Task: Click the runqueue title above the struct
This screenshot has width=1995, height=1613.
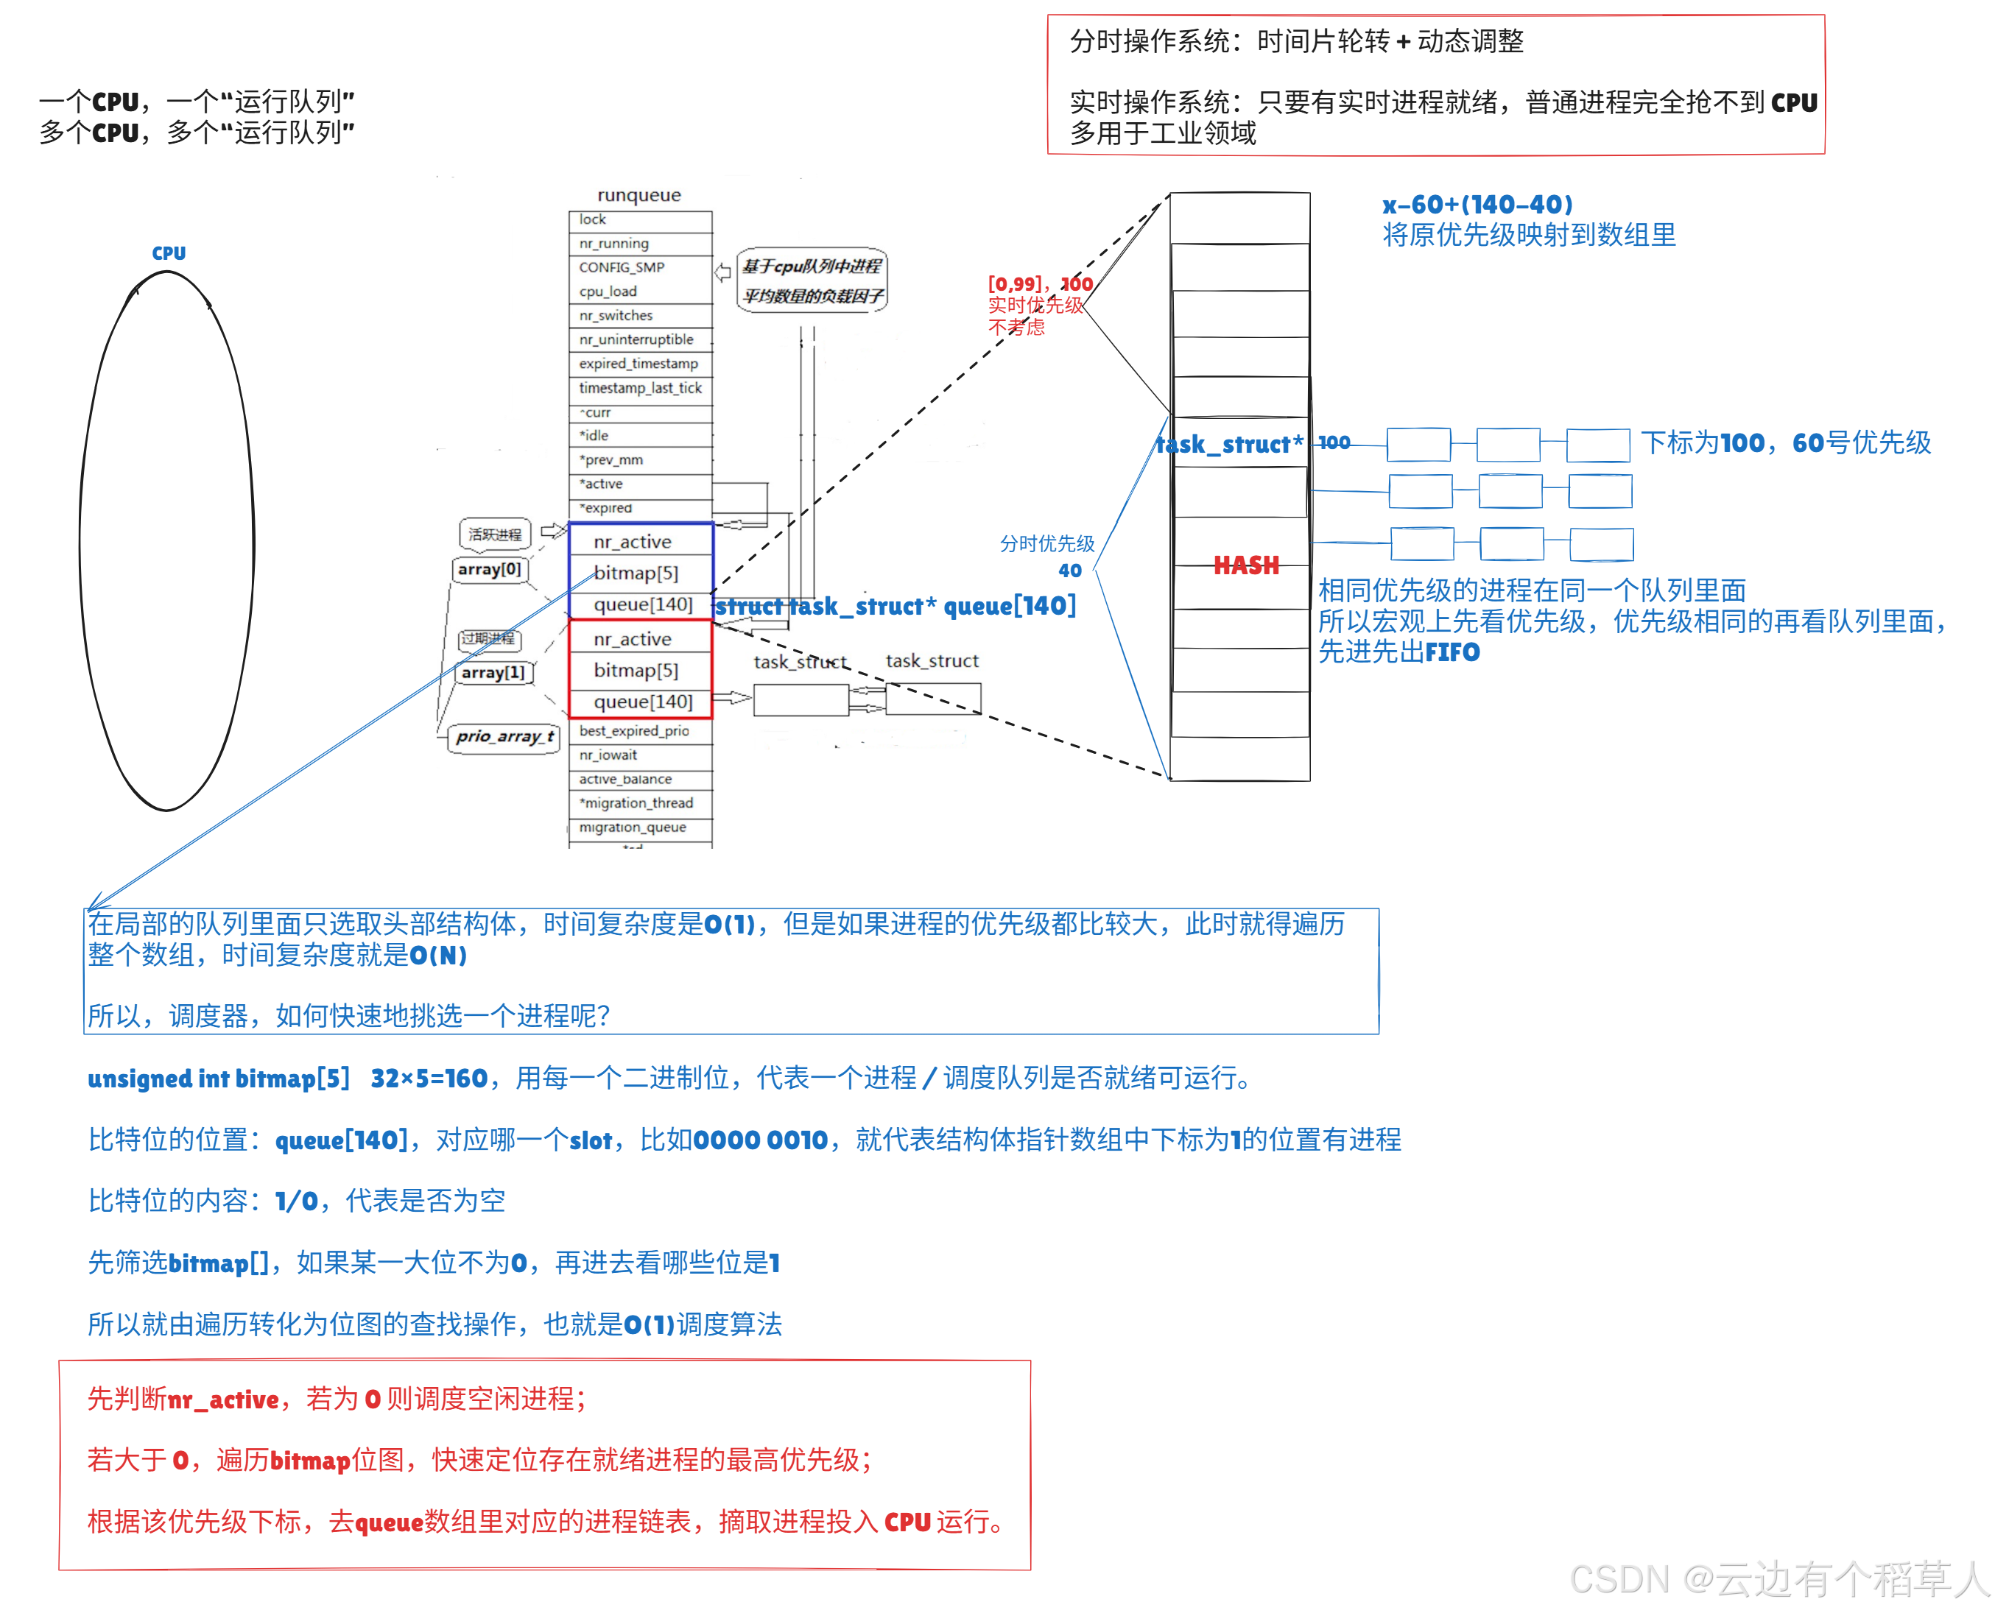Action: pos(638,195)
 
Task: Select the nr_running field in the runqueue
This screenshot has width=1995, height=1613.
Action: pos(614,244)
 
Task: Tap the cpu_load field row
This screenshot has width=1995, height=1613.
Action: pos(608,292)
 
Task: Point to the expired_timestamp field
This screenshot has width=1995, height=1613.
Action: pos(638,363)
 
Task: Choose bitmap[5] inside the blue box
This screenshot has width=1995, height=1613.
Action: pos(636,573)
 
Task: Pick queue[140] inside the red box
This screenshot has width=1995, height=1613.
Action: pos(643,702)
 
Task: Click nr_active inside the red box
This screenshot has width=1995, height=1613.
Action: pos(633,639)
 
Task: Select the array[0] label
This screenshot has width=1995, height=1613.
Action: pos(490,570)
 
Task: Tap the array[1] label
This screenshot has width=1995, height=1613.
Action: pos(493,673)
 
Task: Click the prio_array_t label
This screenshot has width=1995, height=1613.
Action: pos(504,737)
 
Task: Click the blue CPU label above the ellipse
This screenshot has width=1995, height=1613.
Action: pos(168,254)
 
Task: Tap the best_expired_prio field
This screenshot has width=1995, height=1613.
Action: pos(635,731)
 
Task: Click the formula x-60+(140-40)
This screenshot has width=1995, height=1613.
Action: pos(1477,205)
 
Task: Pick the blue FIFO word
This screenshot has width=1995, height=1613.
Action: pos(1452,652)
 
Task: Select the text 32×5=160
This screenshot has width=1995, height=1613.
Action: pos(429,1079)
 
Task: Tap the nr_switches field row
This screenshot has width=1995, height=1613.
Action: pos(616,316)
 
